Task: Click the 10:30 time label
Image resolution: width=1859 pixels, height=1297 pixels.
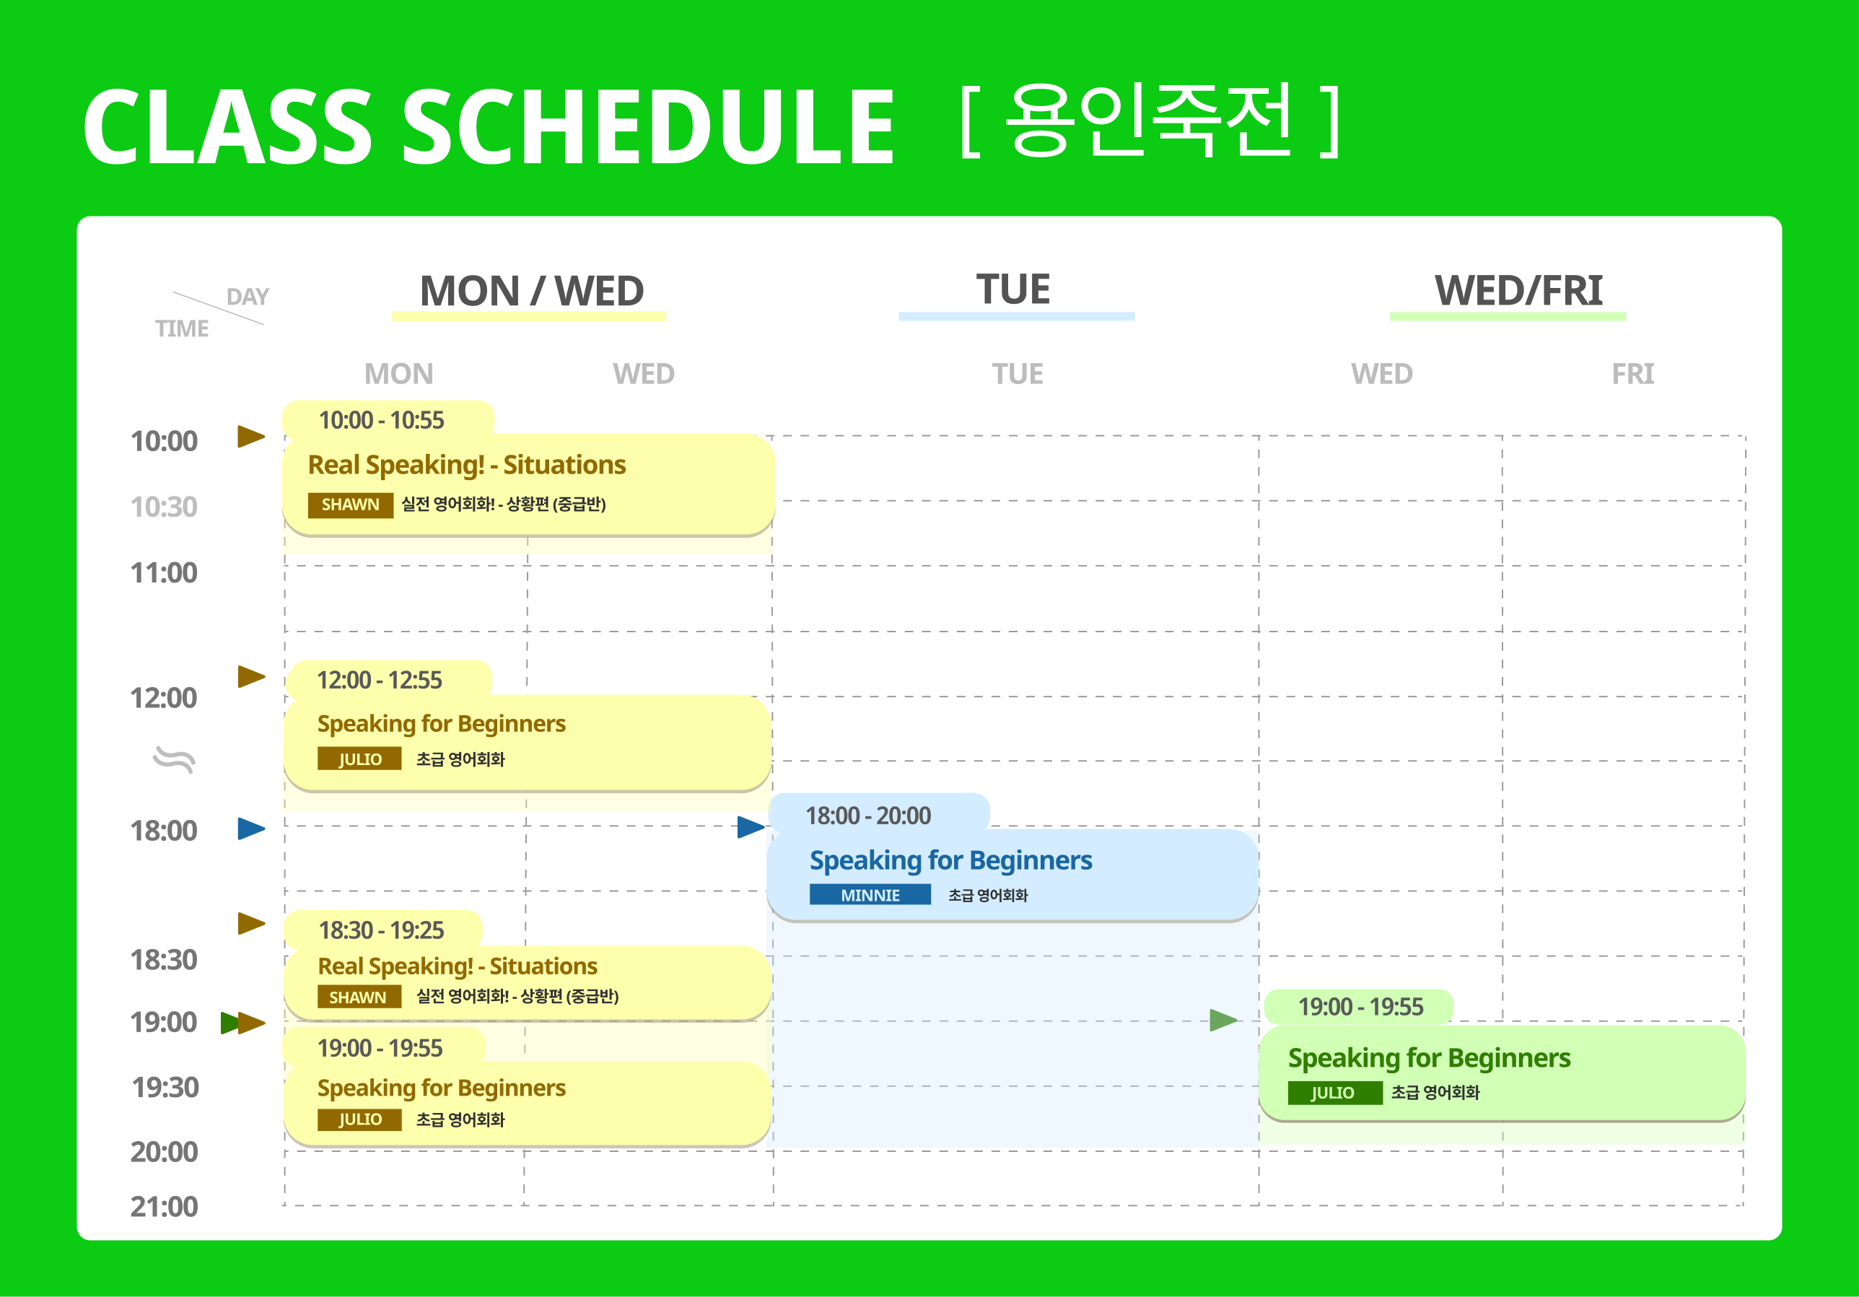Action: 164,507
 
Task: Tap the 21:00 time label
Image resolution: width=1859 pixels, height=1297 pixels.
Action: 164,1206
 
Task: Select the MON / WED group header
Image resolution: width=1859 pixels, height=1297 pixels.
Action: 532,291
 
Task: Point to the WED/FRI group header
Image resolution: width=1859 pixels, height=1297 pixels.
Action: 1518,290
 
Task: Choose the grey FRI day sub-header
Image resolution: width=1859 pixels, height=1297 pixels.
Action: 1632,374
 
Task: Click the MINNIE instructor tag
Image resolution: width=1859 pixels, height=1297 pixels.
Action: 870,895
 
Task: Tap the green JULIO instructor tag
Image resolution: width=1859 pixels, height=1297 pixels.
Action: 1334,1092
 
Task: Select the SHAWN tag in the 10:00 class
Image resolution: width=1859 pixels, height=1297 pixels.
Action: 351,505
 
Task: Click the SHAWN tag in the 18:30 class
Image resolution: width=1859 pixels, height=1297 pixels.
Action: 359,997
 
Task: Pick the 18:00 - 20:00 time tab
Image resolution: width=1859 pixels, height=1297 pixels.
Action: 868,816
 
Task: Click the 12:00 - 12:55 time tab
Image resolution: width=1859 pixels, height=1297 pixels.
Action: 380,680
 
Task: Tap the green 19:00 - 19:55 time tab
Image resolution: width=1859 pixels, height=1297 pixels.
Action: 1360,1006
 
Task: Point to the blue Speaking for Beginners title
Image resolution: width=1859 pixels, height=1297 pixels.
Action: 950,860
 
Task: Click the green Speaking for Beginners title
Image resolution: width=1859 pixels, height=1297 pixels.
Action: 1429,1058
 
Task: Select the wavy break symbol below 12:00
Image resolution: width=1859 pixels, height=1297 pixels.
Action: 174,760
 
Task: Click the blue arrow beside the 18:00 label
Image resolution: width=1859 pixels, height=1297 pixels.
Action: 252,829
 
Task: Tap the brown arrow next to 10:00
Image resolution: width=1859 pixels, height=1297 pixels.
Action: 252,437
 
